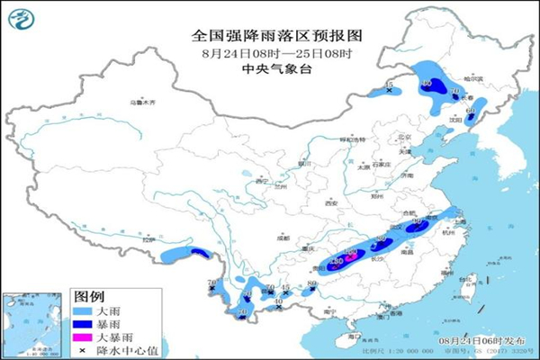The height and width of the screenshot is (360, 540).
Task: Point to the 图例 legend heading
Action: point(88,296)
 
